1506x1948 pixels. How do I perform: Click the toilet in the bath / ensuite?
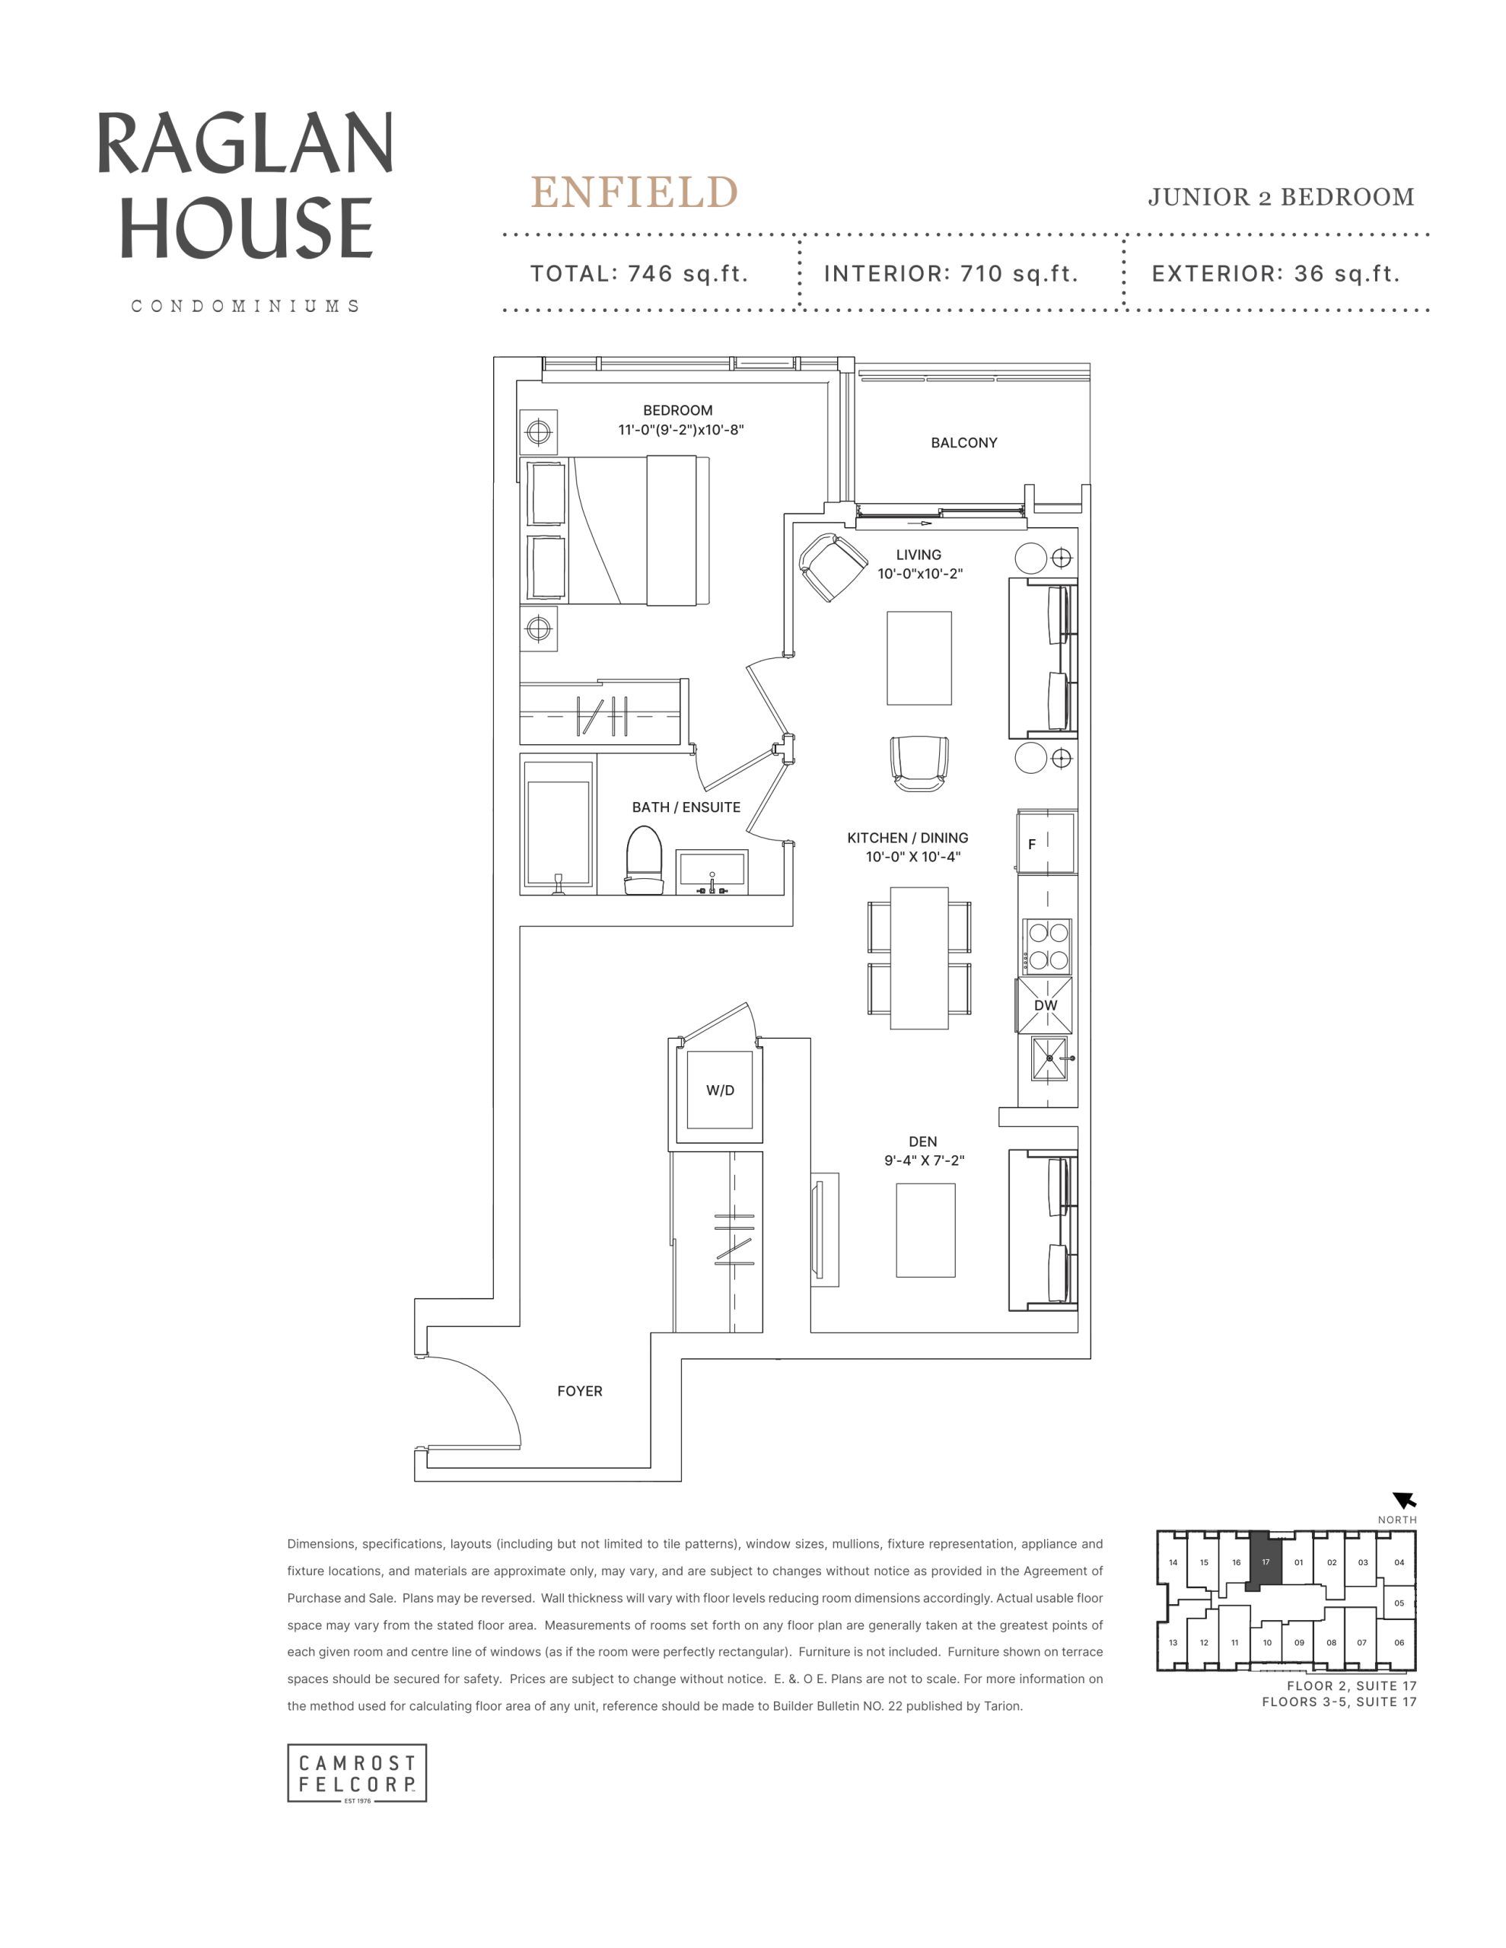tap(644, 860)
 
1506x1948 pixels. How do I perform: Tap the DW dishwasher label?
tap(1046, 1005)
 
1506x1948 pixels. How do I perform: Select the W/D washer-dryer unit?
tap(719, 1090)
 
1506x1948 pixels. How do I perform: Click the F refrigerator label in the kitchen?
tap(1032, 844)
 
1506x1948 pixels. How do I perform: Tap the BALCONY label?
tap(963, 442)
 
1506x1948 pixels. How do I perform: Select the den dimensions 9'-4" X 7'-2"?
tap(925, 1160)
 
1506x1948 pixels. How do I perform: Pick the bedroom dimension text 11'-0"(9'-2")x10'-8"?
tap(681, 430)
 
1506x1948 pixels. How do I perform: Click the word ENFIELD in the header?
tap(635, 192)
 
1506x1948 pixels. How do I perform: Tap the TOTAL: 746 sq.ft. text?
tap(638, 274)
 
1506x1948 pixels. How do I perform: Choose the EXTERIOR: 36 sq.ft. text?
tap(1276, 274)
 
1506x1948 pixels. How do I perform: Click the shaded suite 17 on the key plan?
tap(1264, 1561)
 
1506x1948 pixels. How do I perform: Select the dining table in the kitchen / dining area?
tap(919, 957)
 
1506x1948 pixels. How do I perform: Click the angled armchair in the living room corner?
tap(833, 567)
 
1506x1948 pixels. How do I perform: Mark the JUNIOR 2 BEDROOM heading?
tap(1282, 197)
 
